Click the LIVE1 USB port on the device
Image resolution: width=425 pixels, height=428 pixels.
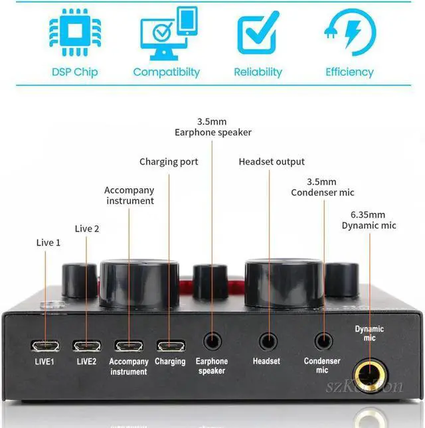(45, 346)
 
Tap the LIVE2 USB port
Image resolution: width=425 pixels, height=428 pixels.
(86, 346)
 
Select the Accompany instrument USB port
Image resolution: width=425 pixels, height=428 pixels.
(128, 346)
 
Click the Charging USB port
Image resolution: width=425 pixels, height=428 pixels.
(170, 346)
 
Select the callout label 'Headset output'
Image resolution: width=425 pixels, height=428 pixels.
(272, 162)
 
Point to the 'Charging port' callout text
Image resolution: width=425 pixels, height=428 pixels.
(169, 162)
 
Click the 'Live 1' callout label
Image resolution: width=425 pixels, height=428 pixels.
(48, 243)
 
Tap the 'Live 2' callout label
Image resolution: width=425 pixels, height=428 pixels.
(87, 229)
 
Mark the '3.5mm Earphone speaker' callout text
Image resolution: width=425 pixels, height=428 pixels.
(213, 127)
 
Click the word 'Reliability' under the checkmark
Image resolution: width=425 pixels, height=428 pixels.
(258, 72)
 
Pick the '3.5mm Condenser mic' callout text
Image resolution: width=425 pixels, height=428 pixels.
(322, 187)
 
